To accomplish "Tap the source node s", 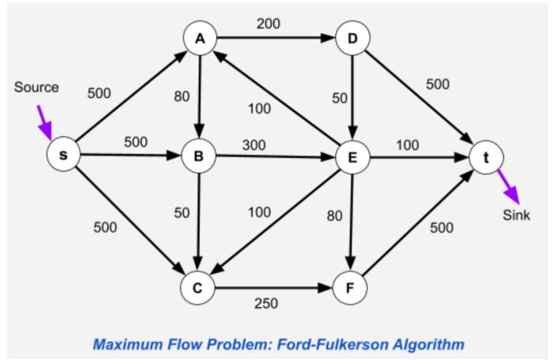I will [64, 156].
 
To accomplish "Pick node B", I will [198, 156].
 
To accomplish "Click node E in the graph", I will [352, 156].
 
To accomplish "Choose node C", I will [198, 288].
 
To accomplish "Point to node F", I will [348, 288].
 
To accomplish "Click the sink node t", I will [486, 156].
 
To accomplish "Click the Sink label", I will [516, 216].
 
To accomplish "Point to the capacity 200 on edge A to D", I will [268, 24].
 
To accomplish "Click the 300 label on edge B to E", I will [254, 144].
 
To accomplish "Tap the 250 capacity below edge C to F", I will [265, 303].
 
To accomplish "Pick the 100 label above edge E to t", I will [408, 144].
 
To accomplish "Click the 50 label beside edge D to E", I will [340, 98].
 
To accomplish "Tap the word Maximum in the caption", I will [125, 344].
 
